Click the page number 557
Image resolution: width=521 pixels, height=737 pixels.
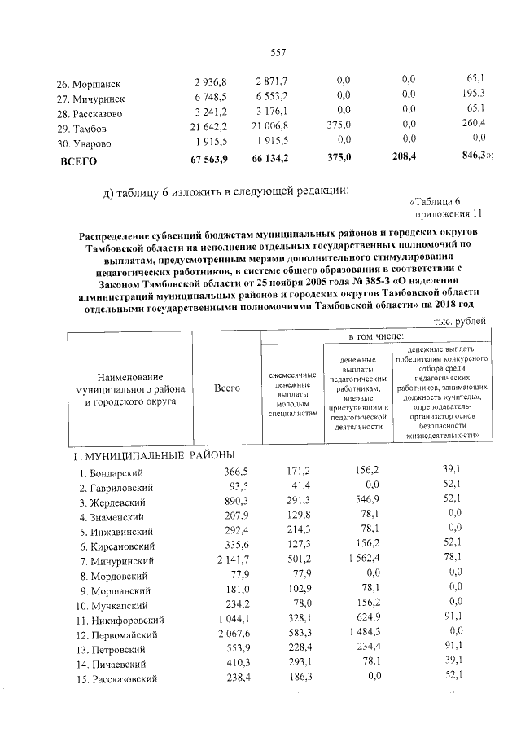pos(278,53)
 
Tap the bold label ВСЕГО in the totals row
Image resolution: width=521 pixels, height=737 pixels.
pos(79,160)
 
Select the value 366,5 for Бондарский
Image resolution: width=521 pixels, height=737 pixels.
pos(228,472)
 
